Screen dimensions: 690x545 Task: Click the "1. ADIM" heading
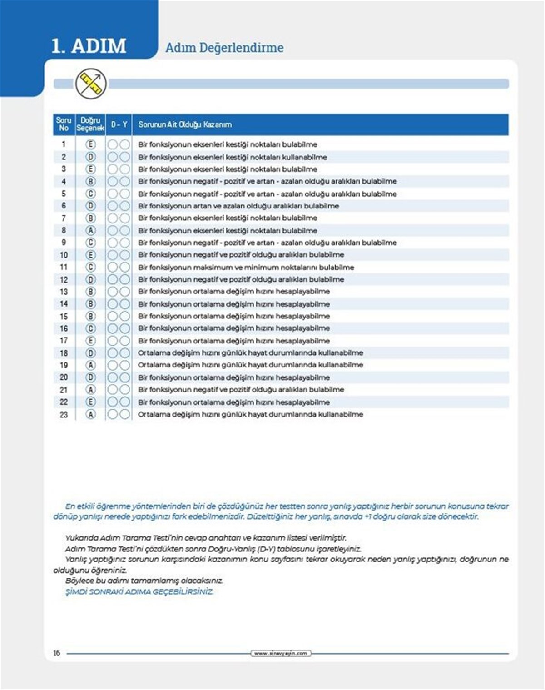pos(89,46)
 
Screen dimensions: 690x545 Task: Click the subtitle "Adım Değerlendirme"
pos(224,48)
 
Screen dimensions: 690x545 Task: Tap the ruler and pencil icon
pos(91,84)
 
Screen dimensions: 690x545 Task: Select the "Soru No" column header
pos(64,124)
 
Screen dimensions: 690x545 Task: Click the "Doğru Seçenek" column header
pos(90,124)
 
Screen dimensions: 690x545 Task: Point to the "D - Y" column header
pos(119,124)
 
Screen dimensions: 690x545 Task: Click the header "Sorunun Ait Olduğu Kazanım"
pos(185,124)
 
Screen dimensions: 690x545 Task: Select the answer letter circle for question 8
pos(91,230)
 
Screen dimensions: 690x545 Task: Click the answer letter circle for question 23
pos(91,414)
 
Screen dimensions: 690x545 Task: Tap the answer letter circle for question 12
pos(91,279)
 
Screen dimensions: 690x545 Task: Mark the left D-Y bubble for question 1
pos(113,144)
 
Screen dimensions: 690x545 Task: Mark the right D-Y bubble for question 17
pos(124,341)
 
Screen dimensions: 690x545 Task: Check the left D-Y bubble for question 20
pos(113,377)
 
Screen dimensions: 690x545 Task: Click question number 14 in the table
pos(64,304)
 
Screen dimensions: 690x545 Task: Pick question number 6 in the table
pos(64,206)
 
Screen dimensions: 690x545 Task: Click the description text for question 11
pos(246,267)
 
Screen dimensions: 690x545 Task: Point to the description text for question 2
pos(233,157)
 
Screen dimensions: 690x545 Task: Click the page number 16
pos(56,653)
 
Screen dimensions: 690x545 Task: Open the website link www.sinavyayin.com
pos(281,653)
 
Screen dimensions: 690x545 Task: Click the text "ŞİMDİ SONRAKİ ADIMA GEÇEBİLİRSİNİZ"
pos(139,592)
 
